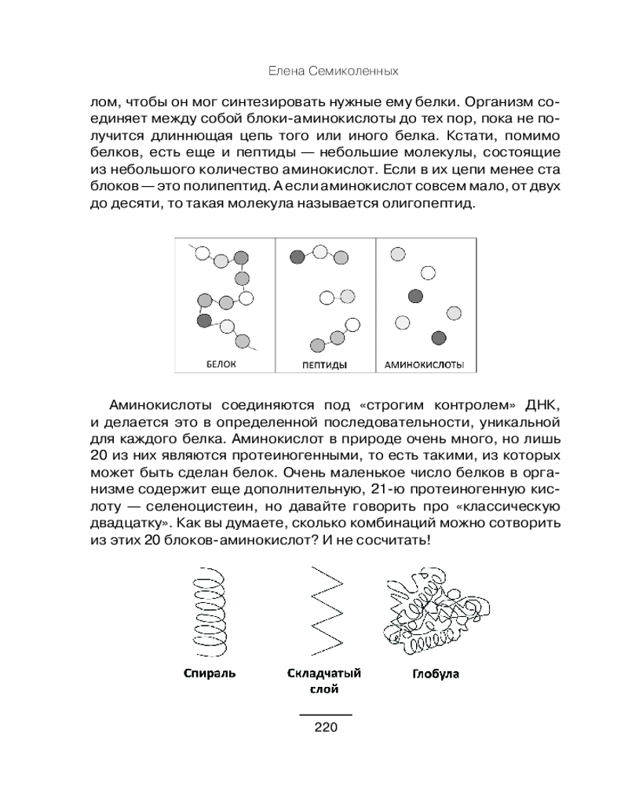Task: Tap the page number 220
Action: [x=325, y=726]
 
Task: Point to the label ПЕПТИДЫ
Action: [x=325, y=365]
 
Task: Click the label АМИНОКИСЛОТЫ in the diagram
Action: [x=425, y=365]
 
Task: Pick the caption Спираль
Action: [x=210, y=673]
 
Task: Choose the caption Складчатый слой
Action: [x=324, y=681]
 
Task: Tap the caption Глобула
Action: [x=435, y=674]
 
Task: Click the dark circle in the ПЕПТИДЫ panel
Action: [x=297, y=257]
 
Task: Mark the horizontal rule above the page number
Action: [x=325, y=715]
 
